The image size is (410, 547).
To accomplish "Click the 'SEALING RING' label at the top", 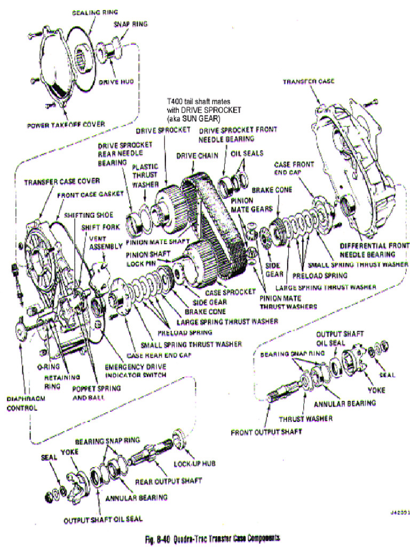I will point(95,12).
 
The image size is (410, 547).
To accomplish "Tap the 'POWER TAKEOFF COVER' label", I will point(65,125).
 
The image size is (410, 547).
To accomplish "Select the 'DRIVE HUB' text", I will point(116,83).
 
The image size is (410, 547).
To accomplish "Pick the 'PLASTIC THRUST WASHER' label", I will point(145,175).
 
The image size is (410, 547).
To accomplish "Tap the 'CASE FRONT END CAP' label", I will point(294,168).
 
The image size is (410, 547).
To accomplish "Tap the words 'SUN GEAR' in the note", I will point(200,119).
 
